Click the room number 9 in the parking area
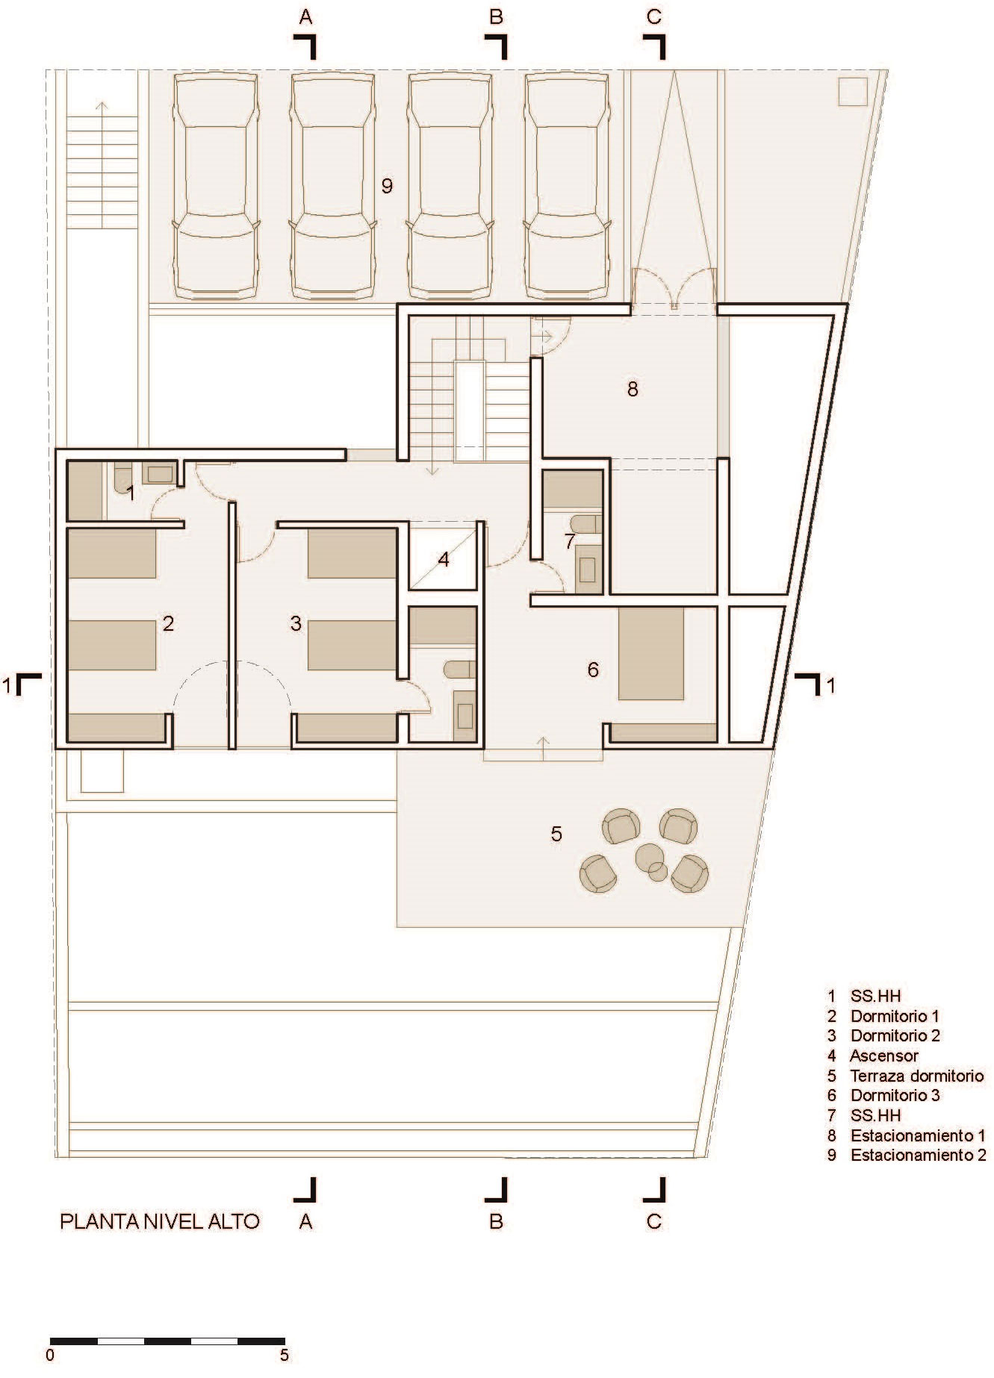click(386, 186)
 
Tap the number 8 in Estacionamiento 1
click(633, 389)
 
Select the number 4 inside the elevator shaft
click(444, 559)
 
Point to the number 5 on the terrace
click(556, 833)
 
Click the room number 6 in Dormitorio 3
click(593, 670)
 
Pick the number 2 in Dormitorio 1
click(168, 623)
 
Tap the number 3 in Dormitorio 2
click(296, 623)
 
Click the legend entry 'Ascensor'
click(884, 1056)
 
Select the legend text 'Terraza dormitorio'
click(917, 1076)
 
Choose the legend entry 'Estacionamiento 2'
click(919, 1156)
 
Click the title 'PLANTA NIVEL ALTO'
click(160, 1222)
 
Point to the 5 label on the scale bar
click(284, 1354)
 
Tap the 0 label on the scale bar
click(50, 1354)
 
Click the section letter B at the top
click(497, 16)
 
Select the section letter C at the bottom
click(653, 1222)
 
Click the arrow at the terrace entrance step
click(543, 748)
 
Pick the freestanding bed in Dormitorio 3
click(651, 653)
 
